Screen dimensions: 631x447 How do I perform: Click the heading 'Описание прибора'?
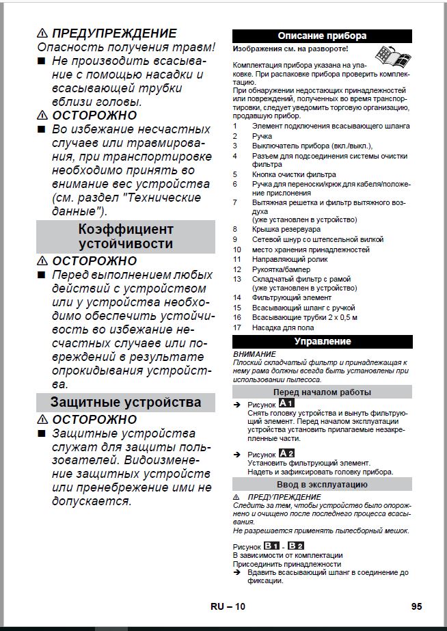(322, 36)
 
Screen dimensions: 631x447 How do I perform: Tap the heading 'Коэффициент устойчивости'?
(126, 236)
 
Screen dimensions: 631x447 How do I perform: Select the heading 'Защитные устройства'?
(126, 401)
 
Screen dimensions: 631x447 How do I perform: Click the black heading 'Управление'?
(322, 341)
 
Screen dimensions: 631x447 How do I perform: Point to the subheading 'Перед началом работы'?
(322, 392)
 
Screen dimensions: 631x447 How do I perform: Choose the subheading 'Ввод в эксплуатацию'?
(322, 484)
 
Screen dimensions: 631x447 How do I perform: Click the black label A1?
(286, 404)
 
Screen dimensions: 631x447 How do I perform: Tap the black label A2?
(286, 454)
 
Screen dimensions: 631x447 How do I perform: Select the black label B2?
(296, 546)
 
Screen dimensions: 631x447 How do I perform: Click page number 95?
(417, 606)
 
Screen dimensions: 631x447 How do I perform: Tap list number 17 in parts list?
(236, 327)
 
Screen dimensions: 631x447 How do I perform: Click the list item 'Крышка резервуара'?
(286, 230)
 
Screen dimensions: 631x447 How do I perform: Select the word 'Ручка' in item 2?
(262, 137)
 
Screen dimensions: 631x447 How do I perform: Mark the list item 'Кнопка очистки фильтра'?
(294, 174)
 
